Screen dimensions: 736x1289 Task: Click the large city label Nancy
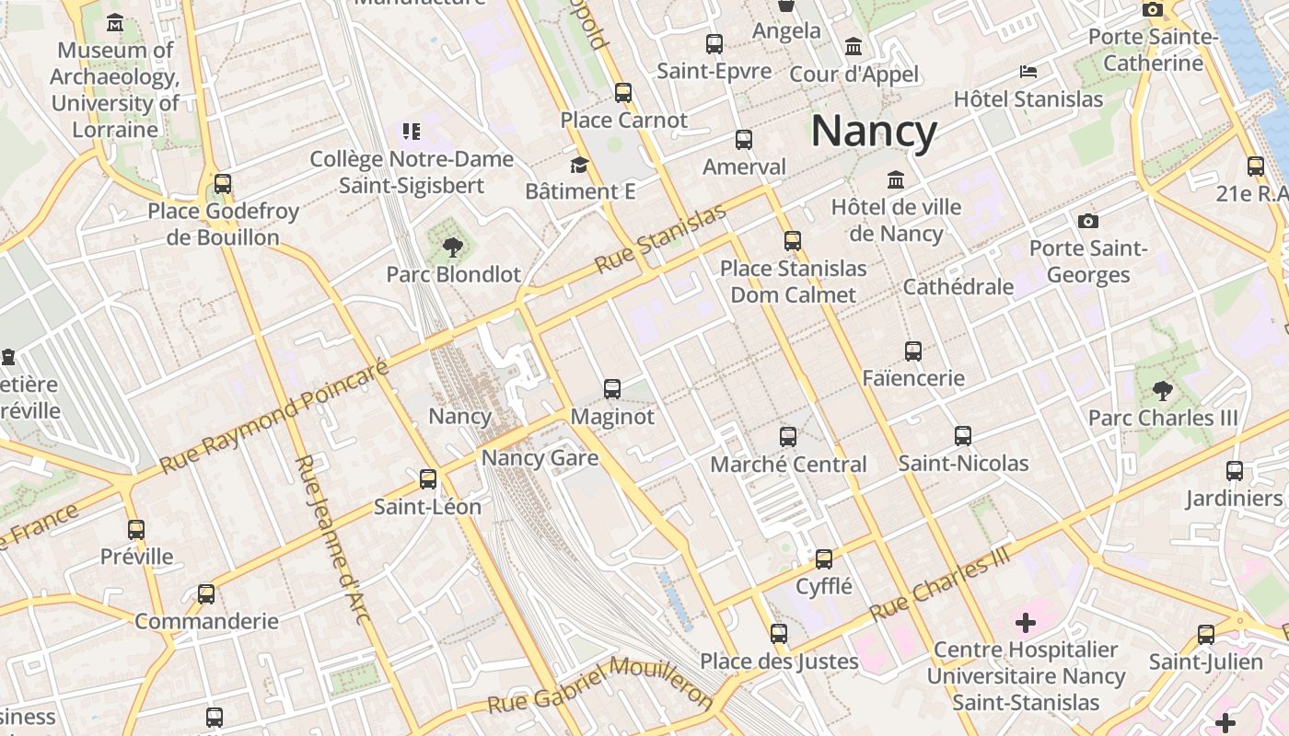point(874,132)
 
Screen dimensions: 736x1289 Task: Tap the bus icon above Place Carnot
point(623,92)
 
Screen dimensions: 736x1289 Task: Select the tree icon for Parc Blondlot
point(452,246)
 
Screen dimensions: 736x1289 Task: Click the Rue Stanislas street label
point(660,238)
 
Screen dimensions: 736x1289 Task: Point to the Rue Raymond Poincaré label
point(274,416)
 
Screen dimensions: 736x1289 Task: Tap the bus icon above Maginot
point(612,388)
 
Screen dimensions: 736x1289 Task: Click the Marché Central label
point(788,464)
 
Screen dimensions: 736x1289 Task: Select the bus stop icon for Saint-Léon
point(428,478)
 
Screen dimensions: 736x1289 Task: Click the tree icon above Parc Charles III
point(1163,390)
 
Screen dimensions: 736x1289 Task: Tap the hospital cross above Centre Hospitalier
point(1026,623)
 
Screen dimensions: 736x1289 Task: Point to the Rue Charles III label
point(941,583)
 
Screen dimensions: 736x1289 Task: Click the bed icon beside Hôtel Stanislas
point(1028,72)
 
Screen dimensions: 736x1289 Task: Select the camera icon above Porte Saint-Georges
point(1088,221)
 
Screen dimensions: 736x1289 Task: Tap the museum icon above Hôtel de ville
point(896,179)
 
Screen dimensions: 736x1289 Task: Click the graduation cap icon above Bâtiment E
point(579,165)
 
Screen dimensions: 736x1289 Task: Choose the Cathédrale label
point(958,286)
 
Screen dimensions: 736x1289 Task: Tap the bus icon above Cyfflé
point(824,558)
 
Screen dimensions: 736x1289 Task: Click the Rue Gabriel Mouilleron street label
point(600,686)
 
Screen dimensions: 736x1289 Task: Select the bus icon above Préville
point(136,529)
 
